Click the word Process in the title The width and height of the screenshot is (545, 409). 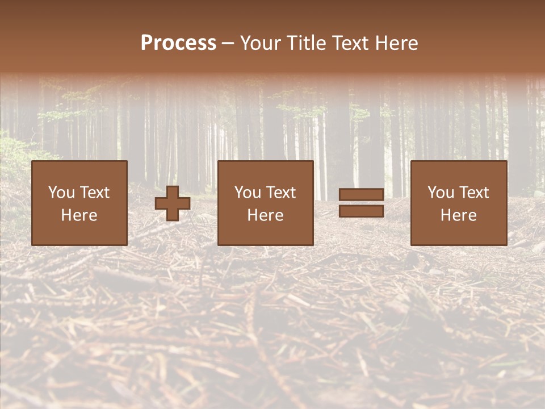click(178, 43)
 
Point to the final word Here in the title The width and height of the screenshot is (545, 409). click(397, 43)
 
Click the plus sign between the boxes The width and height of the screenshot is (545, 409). click(173, 203)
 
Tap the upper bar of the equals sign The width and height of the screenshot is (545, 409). click(361, 194)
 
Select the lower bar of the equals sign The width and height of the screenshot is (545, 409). click(361, 211)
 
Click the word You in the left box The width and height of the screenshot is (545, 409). click(60, 193)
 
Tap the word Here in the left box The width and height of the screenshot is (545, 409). click(79, 215)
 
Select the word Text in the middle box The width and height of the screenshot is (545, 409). click(280, 193)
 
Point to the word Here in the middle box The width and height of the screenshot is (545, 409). click(265, 215)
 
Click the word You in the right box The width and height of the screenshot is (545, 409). click(439, 193)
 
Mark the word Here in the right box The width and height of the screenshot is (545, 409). click(458, 215)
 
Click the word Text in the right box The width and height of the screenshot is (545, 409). click(473, 193)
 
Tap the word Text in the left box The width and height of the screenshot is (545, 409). click(94, 193)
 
